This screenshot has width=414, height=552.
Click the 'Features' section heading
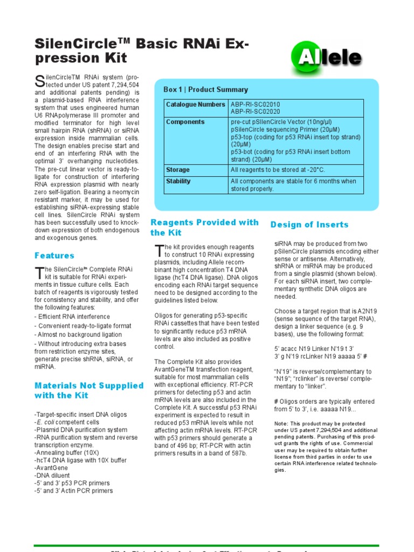tap(54, 256)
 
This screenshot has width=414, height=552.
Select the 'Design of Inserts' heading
tap(309, 225)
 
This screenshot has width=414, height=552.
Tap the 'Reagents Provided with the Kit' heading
tap(204, 227)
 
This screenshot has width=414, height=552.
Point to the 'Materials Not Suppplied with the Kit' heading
tap(89, 390)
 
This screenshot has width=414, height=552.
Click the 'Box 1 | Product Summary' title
tap(205, 89)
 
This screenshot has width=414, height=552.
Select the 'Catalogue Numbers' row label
tap(196, 105)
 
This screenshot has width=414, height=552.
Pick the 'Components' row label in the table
tap(185, 122)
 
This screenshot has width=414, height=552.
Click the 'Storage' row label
tap(178, 170)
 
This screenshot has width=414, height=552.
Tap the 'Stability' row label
tap(178, 182)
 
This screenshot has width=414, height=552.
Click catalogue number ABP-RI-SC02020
tap(255, 112)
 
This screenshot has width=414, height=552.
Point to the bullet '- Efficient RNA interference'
tap(72, 317)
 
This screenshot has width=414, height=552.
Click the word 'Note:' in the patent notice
tap(281, 423)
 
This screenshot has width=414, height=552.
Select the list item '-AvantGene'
tap(53, 468)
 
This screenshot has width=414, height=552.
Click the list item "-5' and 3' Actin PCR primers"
tap(73, 491)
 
